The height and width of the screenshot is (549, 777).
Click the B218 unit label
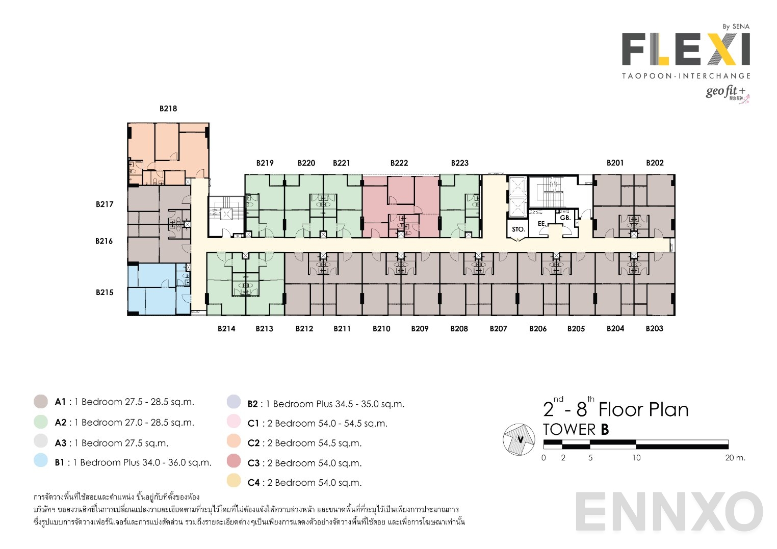click(x=168, y=109)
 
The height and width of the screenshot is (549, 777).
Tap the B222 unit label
click(x=399, y=163)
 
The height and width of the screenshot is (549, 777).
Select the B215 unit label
click(x=105, y=293)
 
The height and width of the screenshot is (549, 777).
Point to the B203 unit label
click(x=654, y=329)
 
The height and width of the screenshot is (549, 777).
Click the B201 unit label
click(x=615, y=163)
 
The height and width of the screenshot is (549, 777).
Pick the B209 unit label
click(x=420, y=329)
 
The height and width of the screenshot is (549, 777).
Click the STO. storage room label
click(x=518, y=229)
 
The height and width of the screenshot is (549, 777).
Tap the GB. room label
click(x=565, y=218)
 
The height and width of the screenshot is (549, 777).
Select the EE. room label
click(x=542, y=224)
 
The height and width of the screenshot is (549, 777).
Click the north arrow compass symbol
click(x=519, y=439)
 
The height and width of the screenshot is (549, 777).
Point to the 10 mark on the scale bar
click(x=636, y=458)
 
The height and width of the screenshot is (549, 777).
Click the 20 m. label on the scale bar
click(x=735, y=458)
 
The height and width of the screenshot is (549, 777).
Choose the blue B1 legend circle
click(x=41, y=460)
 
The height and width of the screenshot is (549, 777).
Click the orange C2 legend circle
click(x=234, y=441)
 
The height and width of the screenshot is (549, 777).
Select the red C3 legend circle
click(x=234, y=461)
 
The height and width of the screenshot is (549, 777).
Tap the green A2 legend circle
click(x=41, y=422)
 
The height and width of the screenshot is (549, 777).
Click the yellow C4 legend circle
click(x=234, y=481)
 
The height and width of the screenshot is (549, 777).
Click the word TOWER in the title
click(x=569, y=430)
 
